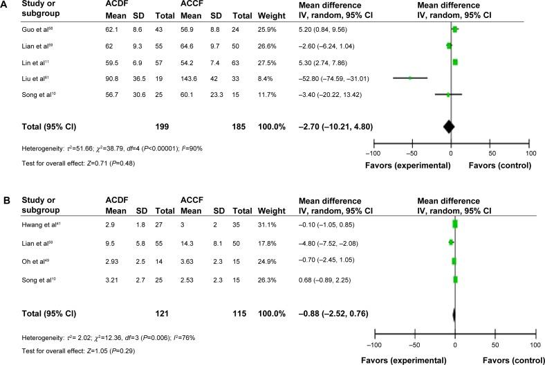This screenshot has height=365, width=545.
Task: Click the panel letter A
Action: click(x=6, y=7)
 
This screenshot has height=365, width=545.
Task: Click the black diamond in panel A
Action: click(x=449, y=126)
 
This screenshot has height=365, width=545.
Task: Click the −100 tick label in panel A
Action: click(x=373, y=153)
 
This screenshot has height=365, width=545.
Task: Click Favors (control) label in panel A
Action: click(x=500, y=166)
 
